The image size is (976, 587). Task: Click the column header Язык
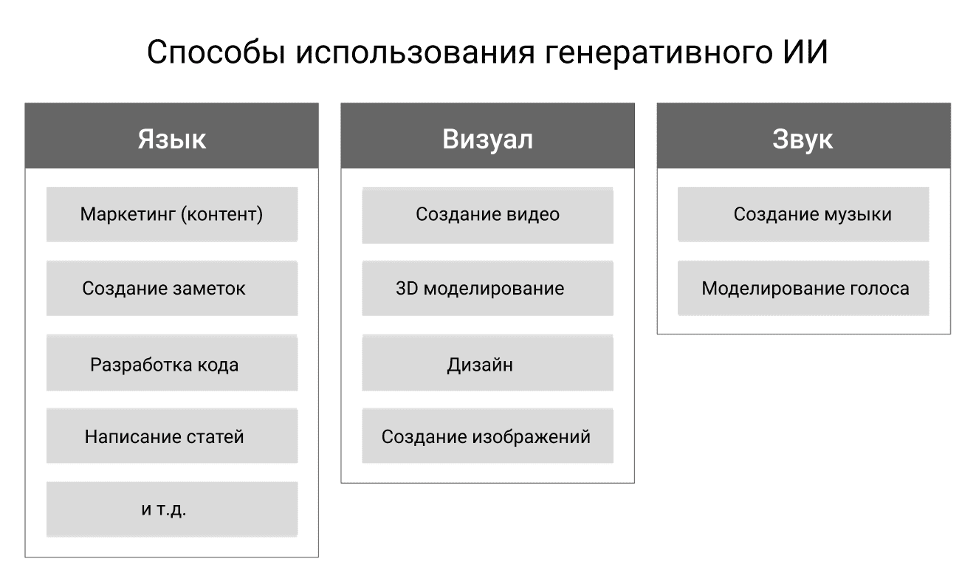point(172,136)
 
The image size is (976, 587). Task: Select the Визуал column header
point(487,136)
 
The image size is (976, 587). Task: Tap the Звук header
point(803,136)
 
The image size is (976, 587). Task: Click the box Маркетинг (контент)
point(172,214)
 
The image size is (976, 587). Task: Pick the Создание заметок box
point(172,288)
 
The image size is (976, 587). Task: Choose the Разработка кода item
point(172,363)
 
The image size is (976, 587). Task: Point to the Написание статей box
point(172,436)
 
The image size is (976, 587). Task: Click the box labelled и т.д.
point(172,509)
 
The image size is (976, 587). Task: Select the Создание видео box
point(487,216)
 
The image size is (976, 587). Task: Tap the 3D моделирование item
point(487,288)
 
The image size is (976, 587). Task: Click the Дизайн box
point(487,363)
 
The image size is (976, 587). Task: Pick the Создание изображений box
point(487,436)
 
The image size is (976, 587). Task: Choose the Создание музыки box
point(803,214)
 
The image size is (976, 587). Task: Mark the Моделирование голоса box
point(803,288)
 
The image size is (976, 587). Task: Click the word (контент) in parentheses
point(221,214)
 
